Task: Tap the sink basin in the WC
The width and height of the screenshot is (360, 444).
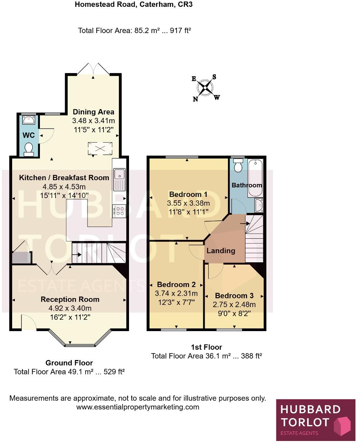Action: [x=29, y=121]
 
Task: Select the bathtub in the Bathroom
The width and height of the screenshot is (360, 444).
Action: [x=255, y=178]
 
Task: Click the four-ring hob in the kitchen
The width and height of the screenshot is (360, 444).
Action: [x=119, y=211]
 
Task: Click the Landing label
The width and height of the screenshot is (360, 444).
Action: [x=221, y=251]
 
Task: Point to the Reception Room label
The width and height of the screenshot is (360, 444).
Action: [x=70, y=300]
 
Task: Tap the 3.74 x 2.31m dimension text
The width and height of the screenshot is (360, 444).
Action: [x=177, y=293]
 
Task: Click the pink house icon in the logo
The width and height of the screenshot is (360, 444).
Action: [x=342, y=425]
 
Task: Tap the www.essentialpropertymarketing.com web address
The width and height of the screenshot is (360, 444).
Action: [x=138, y=407]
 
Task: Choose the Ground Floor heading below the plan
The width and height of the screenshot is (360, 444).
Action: [x=69, y=363]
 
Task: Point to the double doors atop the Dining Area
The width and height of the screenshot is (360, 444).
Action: [x=94, y=70]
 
